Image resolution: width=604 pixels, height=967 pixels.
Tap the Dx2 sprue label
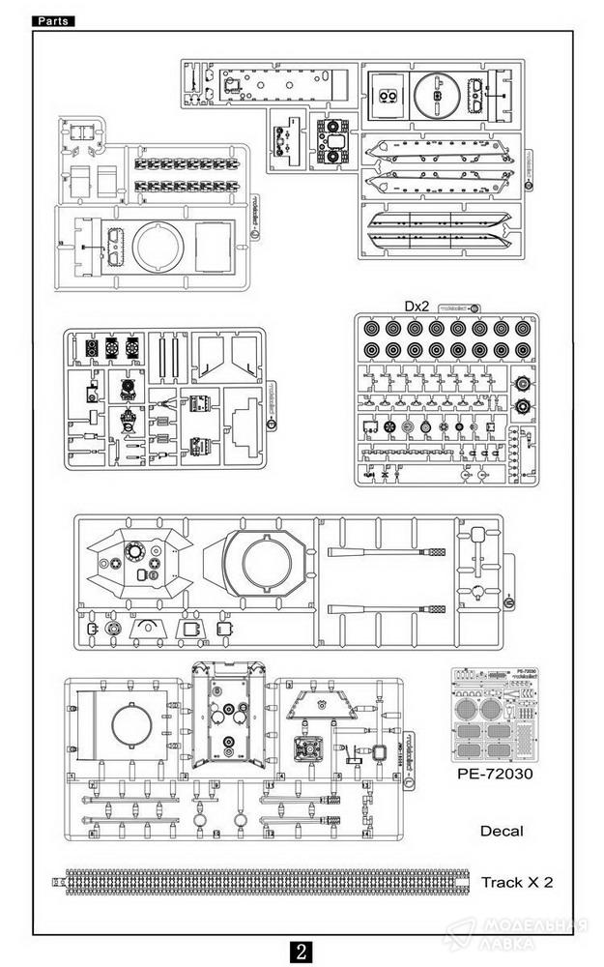417,307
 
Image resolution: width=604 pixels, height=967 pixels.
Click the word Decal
501,831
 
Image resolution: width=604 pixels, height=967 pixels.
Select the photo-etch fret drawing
494,716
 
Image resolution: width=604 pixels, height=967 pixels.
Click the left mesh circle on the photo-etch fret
475,710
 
